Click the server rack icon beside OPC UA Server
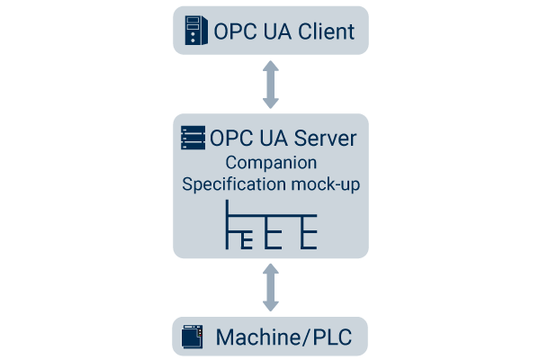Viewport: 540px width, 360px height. (x=192, y=138)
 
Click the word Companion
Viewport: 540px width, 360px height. (x=270, y=164)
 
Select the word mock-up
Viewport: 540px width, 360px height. (x=326, y=184)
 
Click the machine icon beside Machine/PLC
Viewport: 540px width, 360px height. (x=191, y=337)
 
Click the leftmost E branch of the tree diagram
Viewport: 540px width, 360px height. (x=247, y=238)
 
